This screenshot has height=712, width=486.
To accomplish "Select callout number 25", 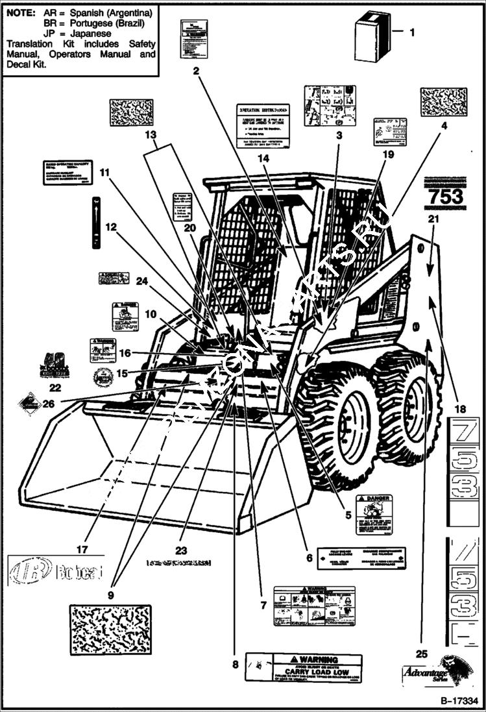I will click(x=422, y=654).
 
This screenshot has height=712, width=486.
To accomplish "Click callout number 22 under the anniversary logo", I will click(x=55, y=387).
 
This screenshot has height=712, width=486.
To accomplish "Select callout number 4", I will click(x=444, y=127).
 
